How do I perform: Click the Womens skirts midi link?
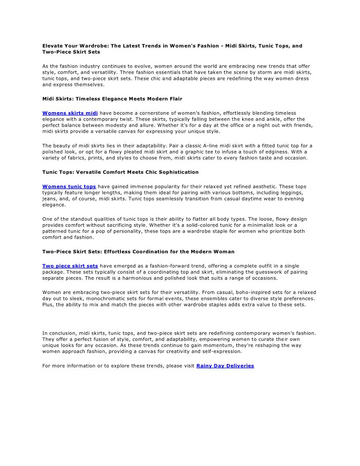click(x=70, y=113)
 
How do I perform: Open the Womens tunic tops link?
click(x=69, y=187)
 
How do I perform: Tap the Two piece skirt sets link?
click(x=70, y=266)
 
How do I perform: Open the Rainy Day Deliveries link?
click(x=225, y=366)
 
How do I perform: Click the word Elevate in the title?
click(x=52, y=46)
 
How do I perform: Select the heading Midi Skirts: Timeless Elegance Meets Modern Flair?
click(x=112, y=99)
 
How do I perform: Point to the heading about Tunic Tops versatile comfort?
click(x=120, y=172)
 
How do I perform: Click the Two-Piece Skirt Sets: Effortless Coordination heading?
click(x=138, y=252)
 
